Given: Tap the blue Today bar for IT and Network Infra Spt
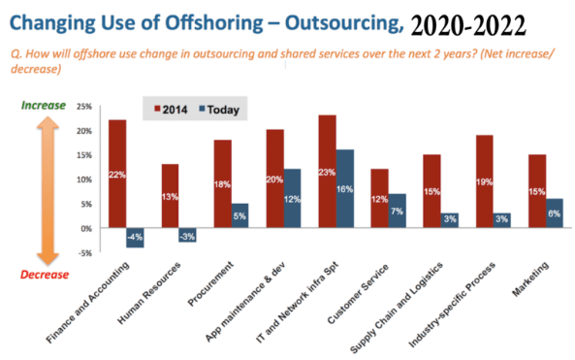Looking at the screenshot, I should (344, 188).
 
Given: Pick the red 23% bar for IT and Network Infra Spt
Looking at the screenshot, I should (327, 171).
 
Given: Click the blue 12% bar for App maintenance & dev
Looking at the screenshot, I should (292, 198).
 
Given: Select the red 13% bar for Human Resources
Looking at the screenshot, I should (170, 195).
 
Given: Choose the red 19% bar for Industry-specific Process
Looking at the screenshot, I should (484, 180).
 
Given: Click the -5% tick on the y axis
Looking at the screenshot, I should (84, 252).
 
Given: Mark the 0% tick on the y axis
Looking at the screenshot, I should (86, 228).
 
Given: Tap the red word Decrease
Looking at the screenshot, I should (46, 273).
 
